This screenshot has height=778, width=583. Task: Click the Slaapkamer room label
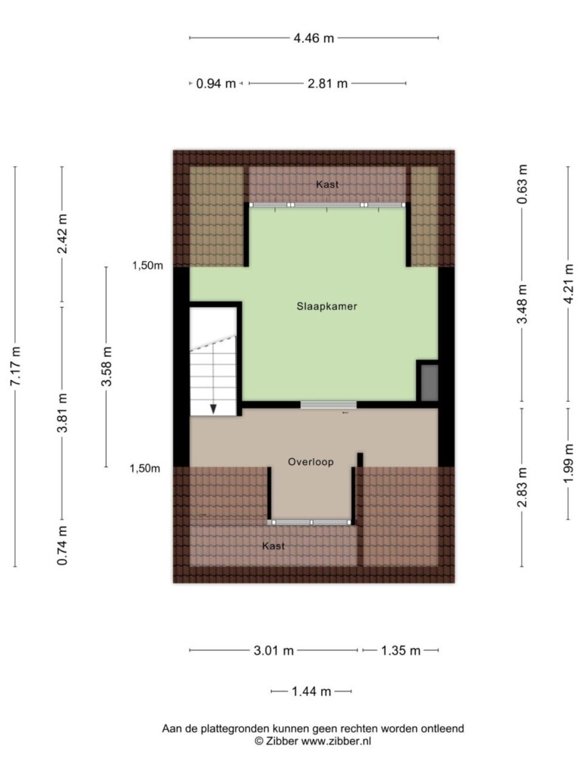point(326,306)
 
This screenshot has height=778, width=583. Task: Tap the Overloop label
point(310,462)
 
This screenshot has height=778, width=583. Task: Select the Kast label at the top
point(327,185)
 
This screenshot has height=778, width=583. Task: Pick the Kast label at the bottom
point(273,546)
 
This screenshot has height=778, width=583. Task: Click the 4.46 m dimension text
point(314,38)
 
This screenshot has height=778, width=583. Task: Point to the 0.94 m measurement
point(216,84)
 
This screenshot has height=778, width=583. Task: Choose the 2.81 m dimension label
point(328,84)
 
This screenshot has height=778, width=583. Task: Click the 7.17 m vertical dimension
point(15,366)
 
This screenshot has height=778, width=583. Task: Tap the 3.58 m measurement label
point(106,366)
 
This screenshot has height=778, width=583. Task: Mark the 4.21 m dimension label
point(569,283)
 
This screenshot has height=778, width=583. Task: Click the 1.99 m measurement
point(569,463)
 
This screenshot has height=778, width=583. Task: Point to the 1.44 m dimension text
point(311,691)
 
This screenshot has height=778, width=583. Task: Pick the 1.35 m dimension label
point(401,650)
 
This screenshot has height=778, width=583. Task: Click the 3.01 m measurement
point(273,650)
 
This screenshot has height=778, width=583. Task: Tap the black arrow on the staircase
point(213,408)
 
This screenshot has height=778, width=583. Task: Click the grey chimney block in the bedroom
point(430,383)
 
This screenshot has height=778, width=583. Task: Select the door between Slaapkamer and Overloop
point(328,405)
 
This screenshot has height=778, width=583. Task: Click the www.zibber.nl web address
point(336,742)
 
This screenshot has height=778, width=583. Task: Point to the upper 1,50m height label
point(147,265)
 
